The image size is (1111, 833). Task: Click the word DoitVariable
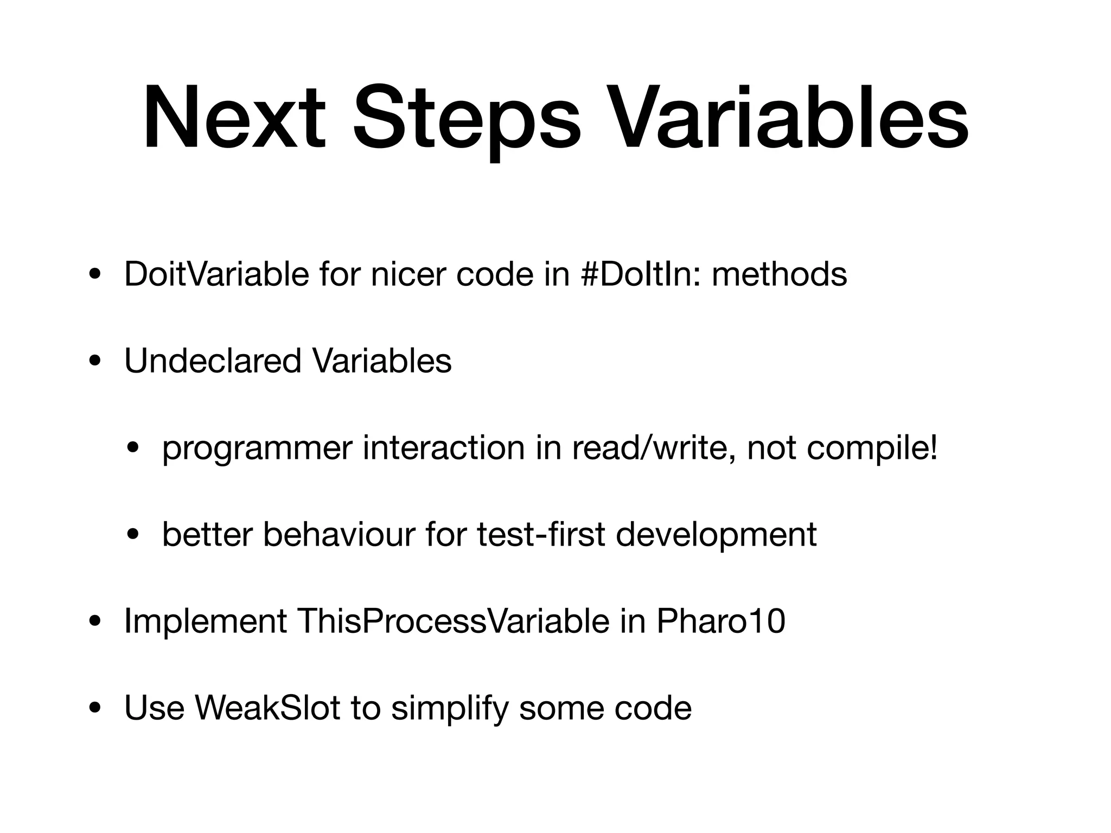click(216, 274)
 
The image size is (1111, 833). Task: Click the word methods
click(779, 274)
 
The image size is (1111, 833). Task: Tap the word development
click(716, 536)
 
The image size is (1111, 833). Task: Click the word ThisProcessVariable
click(453, 621)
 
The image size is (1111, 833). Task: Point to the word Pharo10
click(721, 621)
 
